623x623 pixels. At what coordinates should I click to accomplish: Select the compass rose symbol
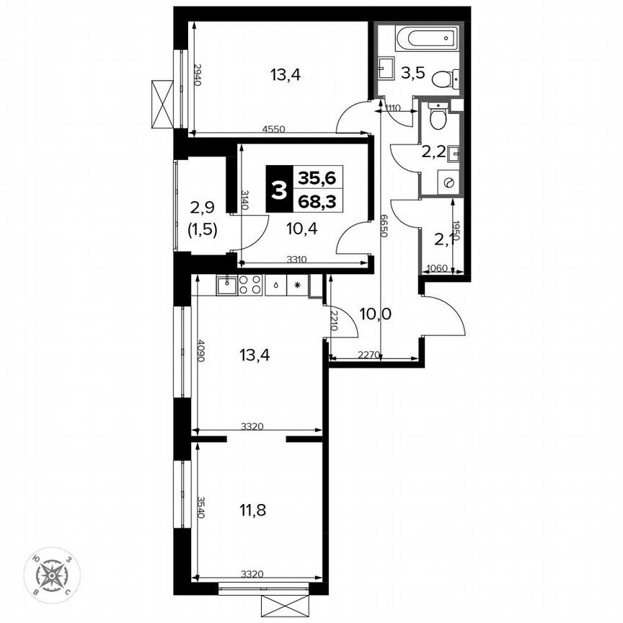coord(52,575)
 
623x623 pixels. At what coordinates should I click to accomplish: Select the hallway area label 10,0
coord(375,314)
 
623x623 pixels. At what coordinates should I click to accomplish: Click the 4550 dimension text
coord(273,130)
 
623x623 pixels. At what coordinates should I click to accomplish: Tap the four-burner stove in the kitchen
coord(250,285)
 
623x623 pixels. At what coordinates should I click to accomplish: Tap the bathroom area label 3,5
coord(412,73)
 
